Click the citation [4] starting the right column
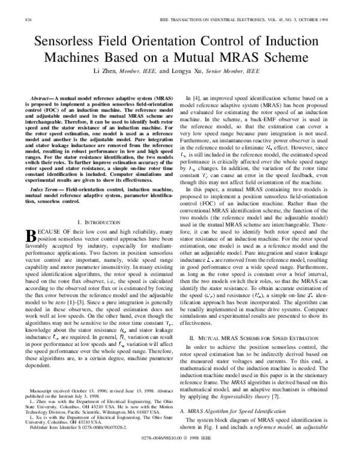pyautogui.click(x=198, y=97)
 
